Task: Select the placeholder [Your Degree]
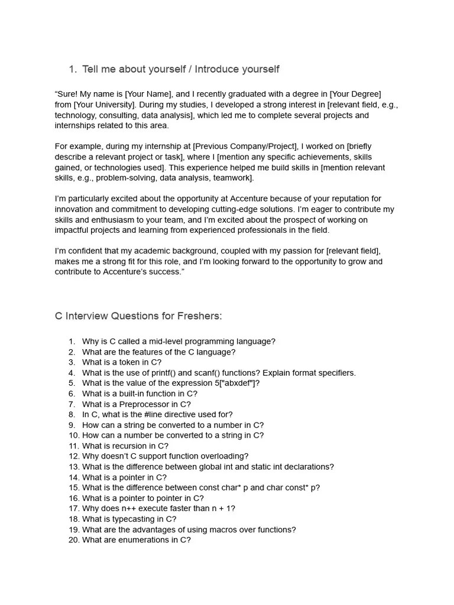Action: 355,94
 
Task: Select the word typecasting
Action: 131,519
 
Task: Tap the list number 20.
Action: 73,540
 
